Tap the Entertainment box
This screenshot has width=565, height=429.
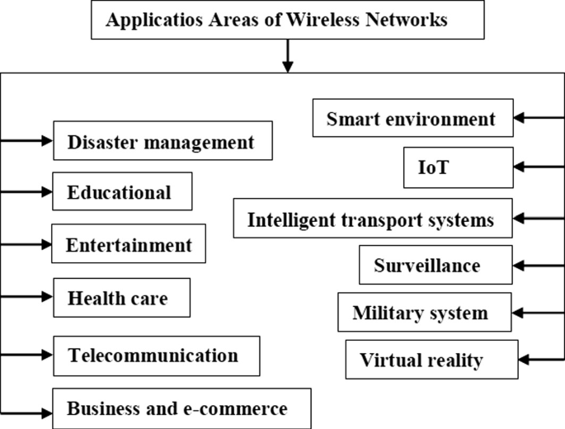point(129,245)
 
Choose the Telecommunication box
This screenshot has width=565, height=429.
point(155,356)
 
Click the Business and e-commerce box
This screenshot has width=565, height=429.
point(177,408)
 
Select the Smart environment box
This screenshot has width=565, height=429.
point(412,119)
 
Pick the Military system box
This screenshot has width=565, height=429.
point(421,313)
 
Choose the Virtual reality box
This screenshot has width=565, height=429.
point(421,361)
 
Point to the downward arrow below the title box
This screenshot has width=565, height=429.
point(286,56)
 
